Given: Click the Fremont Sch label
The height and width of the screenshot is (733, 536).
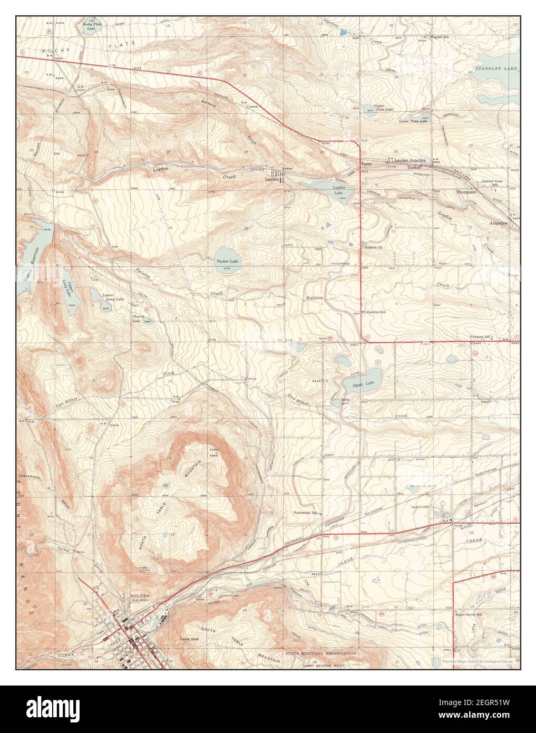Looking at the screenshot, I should [480, 337].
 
